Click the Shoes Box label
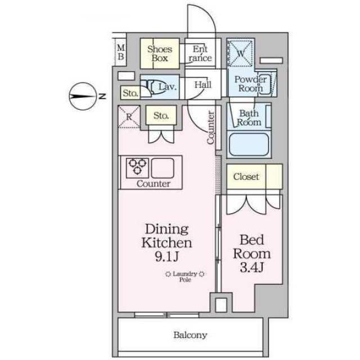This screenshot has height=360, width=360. [x=160, y=53]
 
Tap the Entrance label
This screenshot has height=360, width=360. [x=200, y=53]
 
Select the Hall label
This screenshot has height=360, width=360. [x=203, y=85]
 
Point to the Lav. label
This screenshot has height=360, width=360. [x=168, y=87]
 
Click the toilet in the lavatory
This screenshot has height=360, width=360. [x=154, y=87]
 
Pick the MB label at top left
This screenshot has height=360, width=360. [x=121, y=52]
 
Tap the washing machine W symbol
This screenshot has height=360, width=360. [x=240, y=53]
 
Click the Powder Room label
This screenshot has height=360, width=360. [x=250, y=84]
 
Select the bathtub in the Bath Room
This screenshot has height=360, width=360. [x=249, y=145]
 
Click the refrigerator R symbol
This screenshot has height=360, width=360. [x=129, y=117]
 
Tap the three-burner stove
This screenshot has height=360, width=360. [x=137, y=168]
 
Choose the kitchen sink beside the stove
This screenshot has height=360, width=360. [x=163, y=168]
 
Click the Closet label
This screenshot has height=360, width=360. [x=246, y=177]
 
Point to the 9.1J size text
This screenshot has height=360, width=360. [x=167, y=256]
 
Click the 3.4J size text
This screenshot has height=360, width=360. [x=251, y=267]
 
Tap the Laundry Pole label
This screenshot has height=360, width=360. [x=185, y=276]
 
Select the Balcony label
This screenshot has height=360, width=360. [x=190, y=335]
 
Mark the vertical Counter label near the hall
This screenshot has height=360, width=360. [x=210, y=128]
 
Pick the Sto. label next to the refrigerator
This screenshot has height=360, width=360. [x=161, y=115]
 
